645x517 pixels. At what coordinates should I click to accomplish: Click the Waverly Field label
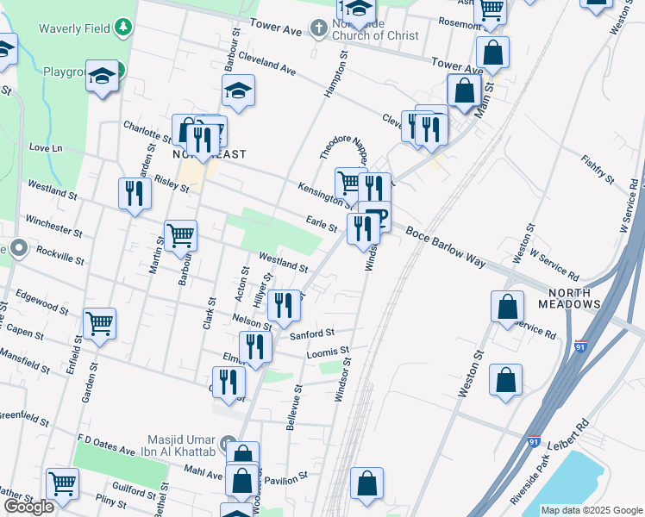click(74, 28)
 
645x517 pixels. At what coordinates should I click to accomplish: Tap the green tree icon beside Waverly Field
click(125, 28)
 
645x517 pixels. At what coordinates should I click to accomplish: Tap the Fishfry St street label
click(596, 170)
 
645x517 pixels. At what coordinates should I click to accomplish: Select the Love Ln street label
click(46, 148)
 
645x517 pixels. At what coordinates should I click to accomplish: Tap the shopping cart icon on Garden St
click(100, 324)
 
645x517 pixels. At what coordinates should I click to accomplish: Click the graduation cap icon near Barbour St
click(238, 90)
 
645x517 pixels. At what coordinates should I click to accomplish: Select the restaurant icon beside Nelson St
click(284, 304)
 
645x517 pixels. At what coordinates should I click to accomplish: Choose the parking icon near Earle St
click(377, 215)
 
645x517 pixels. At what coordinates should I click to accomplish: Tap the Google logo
click(28, 507)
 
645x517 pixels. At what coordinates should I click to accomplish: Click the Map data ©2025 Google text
click(591, 510)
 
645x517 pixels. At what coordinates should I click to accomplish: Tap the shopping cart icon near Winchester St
click(180, 234)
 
